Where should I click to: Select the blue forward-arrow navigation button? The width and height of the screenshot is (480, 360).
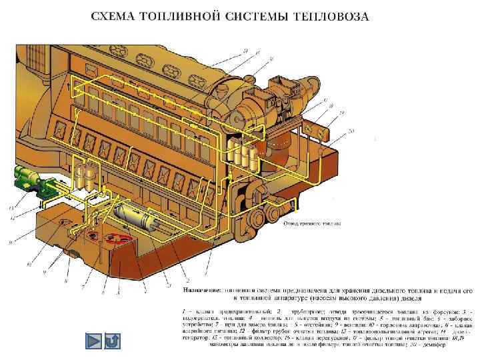point(94,341)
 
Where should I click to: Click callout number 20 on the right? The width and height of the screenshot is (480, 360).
point(351,129)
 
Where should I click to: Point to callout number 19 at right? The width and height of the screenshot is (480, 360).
point(342,113)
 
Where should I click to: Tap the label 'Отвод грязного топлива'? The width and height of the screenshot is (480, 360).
point(312,223)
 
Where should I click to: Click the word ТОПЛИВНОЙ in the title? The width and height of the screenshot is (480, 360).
point(184,17)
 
